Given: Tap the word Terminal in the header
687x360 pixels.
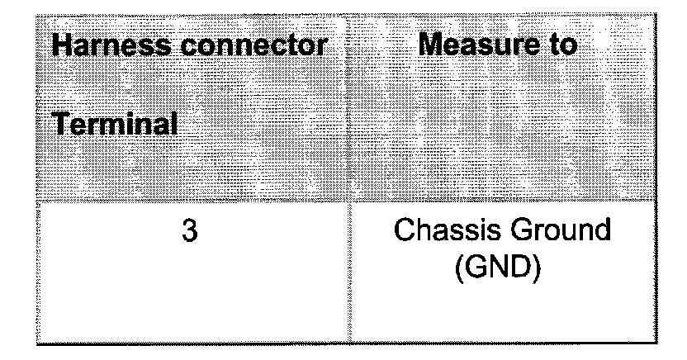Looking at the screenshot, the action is [116, 126].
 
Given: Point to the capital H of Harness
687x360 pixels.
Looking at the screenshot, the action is [61, 45].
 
